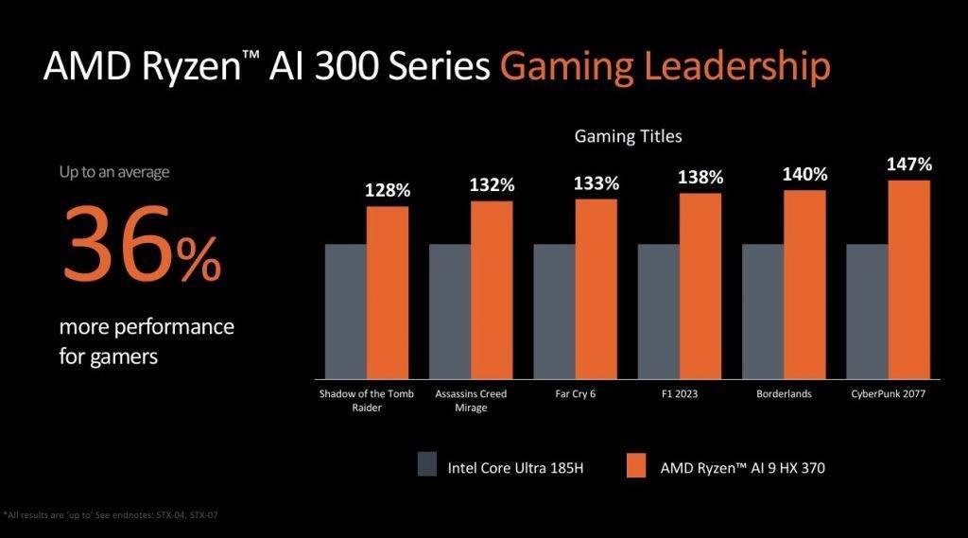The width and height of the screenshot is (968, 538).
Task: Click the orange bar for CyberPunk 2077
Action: [x=909, y=279]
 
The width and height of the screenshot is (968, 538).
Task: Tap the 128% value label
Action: [x=388, y=191]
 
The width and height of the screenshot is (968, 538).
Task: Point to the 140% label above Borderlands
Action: [x=804, y=174]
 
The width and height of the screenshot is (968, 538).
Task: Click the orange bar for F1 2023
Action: [x=700, y=286]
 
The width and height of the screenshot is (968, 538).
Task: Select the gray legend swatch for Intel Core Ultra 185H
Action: [x=426, y=465]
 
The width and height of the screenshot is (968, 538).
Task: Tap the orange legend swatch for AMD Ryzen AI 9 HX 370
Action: [x=635, y=465]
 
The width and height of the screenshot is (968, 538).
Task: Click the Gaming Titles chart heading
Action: [x=628, y=136]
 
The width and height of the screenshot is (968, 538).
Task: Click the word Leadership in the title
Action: [x=732, y=68]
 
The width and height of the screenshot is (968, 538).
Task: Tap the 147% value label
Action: [x=908, y=165]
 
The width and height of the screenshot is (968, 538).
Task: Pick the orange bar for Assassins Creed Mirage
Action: [x=492, y=289]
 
